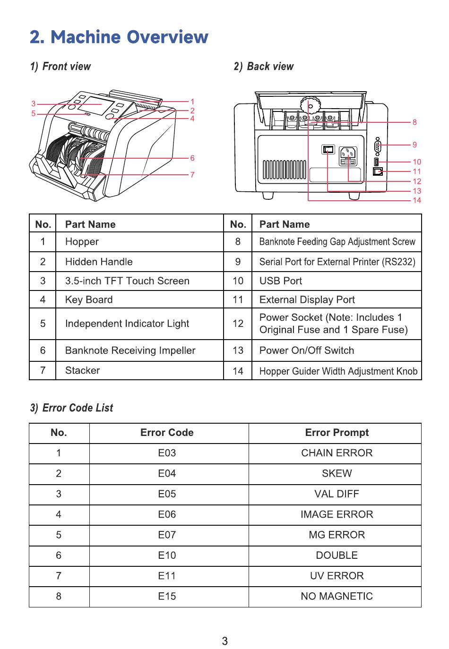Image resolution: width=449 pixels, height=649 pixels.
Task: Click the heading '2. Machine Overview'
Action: click(x=119, y=37)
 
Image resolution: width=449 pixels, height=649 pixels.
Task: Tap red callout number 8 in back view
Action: click(x=414, y=122)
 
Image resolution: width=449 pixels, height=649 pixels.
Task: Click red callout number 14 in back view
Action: click(x=417, y=200)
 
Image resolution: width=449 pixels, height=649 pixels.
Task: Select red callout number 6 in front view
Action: click(x=192, y=158)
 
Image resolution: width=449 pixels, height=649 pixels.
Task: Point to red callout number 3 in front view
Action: click(x=34, y=104)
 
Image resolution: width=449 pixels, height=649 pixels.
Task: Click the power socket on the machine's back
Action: click(x=348, y=156)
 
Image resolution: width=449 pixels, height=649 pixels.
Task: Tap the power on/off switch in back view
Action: click(x=328, y=150)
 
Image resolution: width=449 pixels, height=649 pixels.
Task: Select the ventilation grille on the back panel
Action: click(x=284, y=170)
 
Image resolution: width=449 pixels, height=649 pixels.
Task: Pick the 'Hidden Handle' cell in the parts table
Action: click(x=139, y=262)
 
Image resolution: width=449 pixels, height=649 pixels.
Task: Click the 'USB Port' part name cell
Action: click(x=337, y=281)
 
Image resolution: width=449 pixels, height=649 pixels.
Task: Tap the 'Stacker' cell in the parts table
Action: click(x=139, y=370)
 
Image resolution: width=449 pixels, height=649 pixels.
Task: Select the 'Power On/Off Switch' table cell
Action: click(x=337, y=350)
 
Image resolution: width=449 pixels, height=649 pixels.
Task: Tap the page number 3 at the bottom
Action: click(x=224, y=641)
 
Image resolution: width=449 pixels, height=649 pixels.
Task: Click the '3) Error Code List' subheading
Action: click(x=71, y=408)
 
